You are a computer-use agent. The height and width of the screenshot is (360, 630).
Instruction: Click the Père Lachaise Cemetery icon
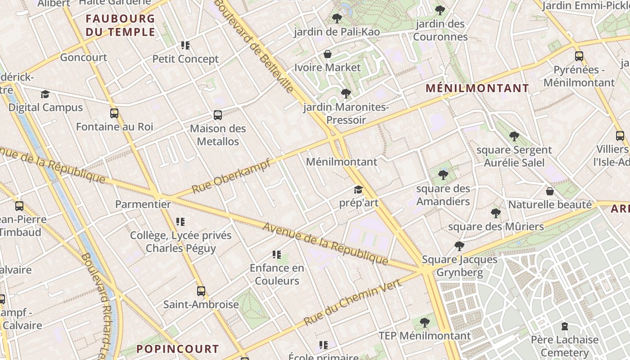(564, 326)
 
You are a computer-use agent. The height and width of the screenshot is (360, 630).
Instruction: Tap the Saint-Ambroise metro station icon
(201, 291)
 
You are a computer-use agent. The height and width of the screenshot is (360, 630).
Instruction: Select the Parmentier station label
(143, 204)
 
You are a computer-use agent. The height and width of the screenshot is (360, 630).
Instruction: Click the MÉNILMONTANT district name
(477, 88)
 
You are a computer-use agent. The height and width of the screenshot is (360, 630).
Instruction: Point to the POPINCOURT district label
(178, 349)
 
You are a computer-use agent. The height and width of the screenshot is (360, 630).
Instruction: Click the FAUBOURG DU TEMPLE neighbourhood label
(120, 25)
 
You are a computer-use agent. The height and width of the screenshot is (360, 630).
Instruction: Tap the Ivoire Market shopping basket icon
(328, 54)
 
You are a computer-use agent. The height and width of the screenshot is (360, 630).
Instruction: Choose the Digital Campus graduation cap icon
(45, 94)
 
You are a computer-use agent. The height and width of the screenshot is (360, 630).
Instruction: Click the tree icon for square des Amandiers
(443, 175)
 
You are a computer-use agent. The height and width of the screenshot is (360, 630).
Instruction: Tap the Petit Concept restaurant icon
(185, 45)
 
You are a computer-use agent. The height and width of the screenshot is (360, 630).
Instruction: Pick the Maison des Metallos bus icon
(218, 115)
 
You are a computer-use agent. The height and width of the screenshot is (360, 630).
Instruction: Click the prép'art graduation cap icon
(358, 190)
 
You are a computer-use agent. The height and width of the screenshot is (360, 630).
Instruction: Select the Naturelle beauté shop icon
(549, 191)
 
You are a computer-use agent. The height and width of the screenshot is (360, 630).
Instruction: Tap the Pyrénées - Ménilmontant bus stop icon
(579, 56)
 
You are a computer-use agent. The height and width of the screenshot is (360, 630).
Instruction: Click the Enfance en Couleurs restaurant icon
(277, 255)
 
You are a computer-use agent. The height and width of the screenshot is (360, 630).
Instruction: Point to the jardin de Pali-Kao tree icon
(337, 18)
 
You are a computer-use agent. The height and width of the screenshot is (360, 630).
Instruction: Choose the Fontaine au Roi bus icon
(114, 113)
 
